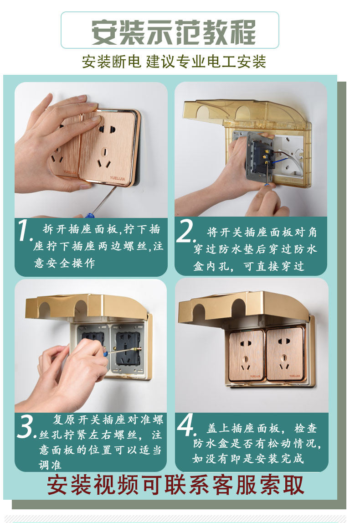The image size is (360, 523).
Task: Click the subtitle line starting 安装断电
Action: click(x=174, y=62)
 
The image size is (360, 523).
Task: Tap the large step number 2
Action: click(x=185, y=231)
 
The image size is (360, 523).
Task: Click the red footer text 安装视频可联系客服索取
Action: click(x=175, y=485)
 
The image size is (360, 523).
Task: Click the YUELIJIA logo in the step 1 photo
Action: click(x=117, y=178)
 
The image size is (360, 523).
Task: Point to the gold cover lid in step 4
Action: click(x=245, y=305)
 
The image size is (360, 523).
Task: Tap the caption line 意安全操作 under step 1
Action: click(x=64, y=263)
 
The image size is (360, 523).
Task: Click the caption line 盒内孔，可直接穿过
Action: click(x=249, y=266)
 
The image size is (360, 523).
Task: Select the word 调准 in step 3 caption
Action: click(x=50, y=465)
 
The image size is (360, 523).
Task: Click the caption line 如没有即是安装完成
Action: click(x=248, y=459)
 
